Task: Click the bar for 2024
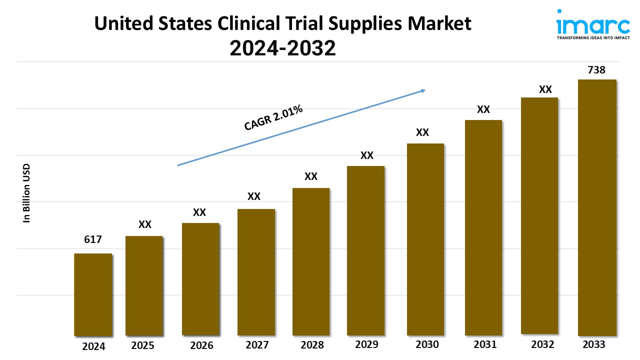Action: (x=93, y=294)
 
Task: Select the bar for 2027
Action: (x=256, y=272)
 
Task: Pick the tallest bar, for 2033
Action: (x=597, y=207)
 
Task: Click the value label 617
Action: (x=93, y=239)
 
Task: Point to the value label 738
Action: (x=596, y=70)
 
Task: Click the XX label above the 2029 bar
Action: (x=367, y=155)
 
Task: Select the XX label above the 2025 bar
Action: (x=145, y=224)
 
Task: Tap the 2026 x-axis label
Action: (x=202, y=345)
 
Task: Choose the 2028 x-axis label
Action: (x=312, y=345)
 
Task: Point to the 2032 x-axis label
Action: (x=542, y=344)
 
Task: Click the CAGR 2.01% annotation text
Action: (x=273, y=118)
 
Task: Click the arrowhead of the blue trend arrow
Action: (x=422, y=90)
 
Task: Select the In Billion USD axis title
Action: (x=27, y=193)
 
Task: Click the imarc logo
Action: (x=585, y=22)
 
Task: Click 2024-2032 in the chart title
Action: (x=282, y=48)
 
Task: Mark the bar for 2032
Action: (x=539, y=215)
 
